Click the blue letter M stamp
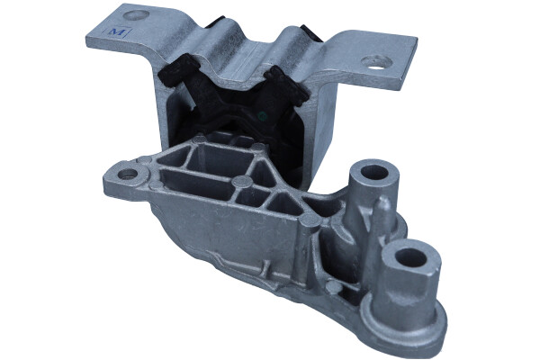116,32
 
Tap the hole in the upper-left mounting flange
136,14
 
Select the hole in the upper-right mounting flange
376,62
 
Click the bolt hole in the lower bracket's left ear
128,174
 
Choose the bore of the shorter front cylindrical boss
411,257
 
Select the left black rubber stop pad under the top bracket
179,73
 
